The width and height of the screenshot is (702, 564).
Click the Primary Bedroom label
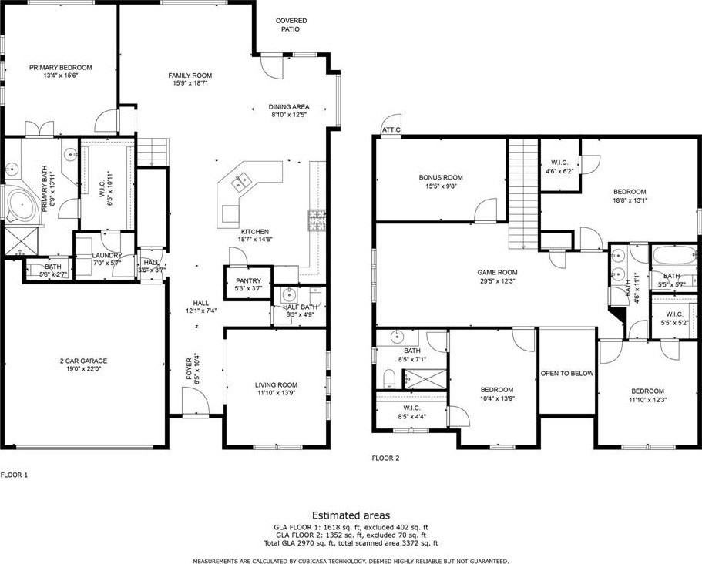[61, 68]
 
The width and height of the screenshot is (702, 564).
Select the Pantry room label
[249, 280]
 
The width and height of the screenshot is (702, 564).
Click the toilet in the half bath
[314, 295]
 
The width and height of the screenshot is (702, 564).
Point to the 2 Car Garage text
[83, 361]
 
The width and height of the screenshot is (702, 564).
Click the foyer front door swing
[193, 399]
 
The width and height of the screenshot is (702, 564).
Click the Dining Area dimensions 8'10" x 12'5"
[288, 115]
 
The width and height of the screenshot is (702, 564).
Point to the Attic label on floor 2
[391, 130]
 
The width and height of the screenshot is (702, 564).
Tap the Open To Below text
[566, 373]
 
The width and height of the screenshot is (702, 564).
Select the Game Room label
[497, 272]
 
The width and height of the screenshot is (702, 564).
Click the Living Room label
[276, 384]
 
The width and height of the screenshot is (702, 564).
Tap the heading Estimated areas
[351, 515]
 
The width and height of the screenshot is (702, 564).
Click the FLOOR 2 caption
[385, 458]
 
